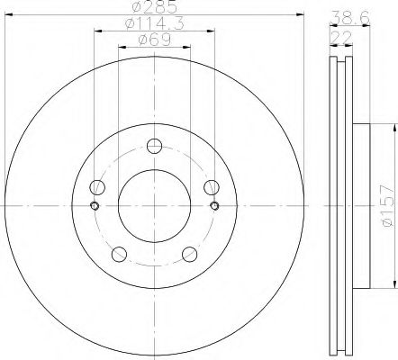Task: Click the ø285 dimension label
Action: (x=153, y=8)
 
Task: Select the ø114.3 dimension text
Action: (x=153, y=23)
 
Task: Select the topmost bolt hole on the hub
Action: (x=153, y=147)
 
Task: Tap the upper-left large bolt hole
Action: (x=99, y=186)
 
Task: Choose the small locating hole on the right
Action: (x=213, y=206)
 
